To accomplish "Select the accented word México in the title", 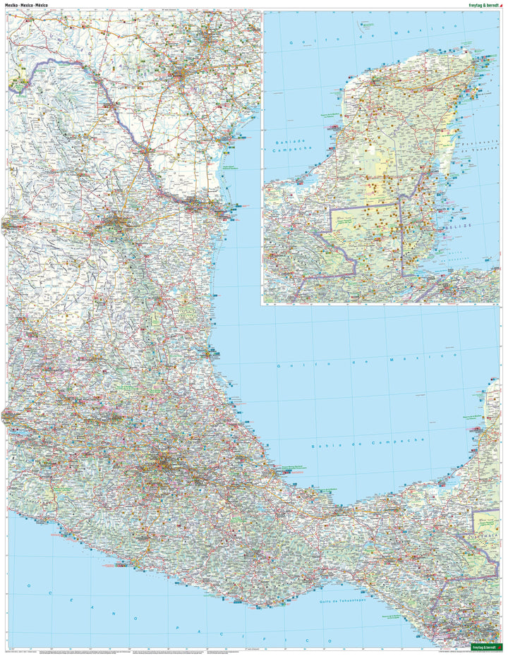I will (x=49, y=5).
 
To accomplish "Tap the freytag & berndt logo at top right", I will (x=477, y=4).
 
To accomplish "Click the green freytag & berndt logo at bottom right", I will (x=487, y=645).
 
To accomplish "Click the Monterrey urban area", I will (x=113, y=226).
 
